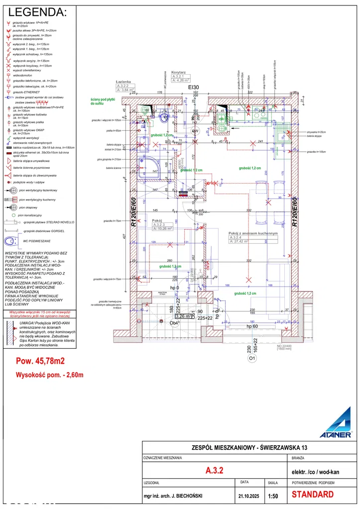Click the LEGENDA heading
point(37,12)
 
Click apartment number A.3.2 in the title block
point(214,470)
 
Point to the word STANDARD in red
point(312,495)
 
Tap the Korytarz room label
point(178,72)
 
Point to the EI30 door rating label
point(193,87)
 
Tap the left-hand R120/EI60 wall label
point(133,212)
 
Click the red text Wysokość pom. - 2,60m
point(49,375)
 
